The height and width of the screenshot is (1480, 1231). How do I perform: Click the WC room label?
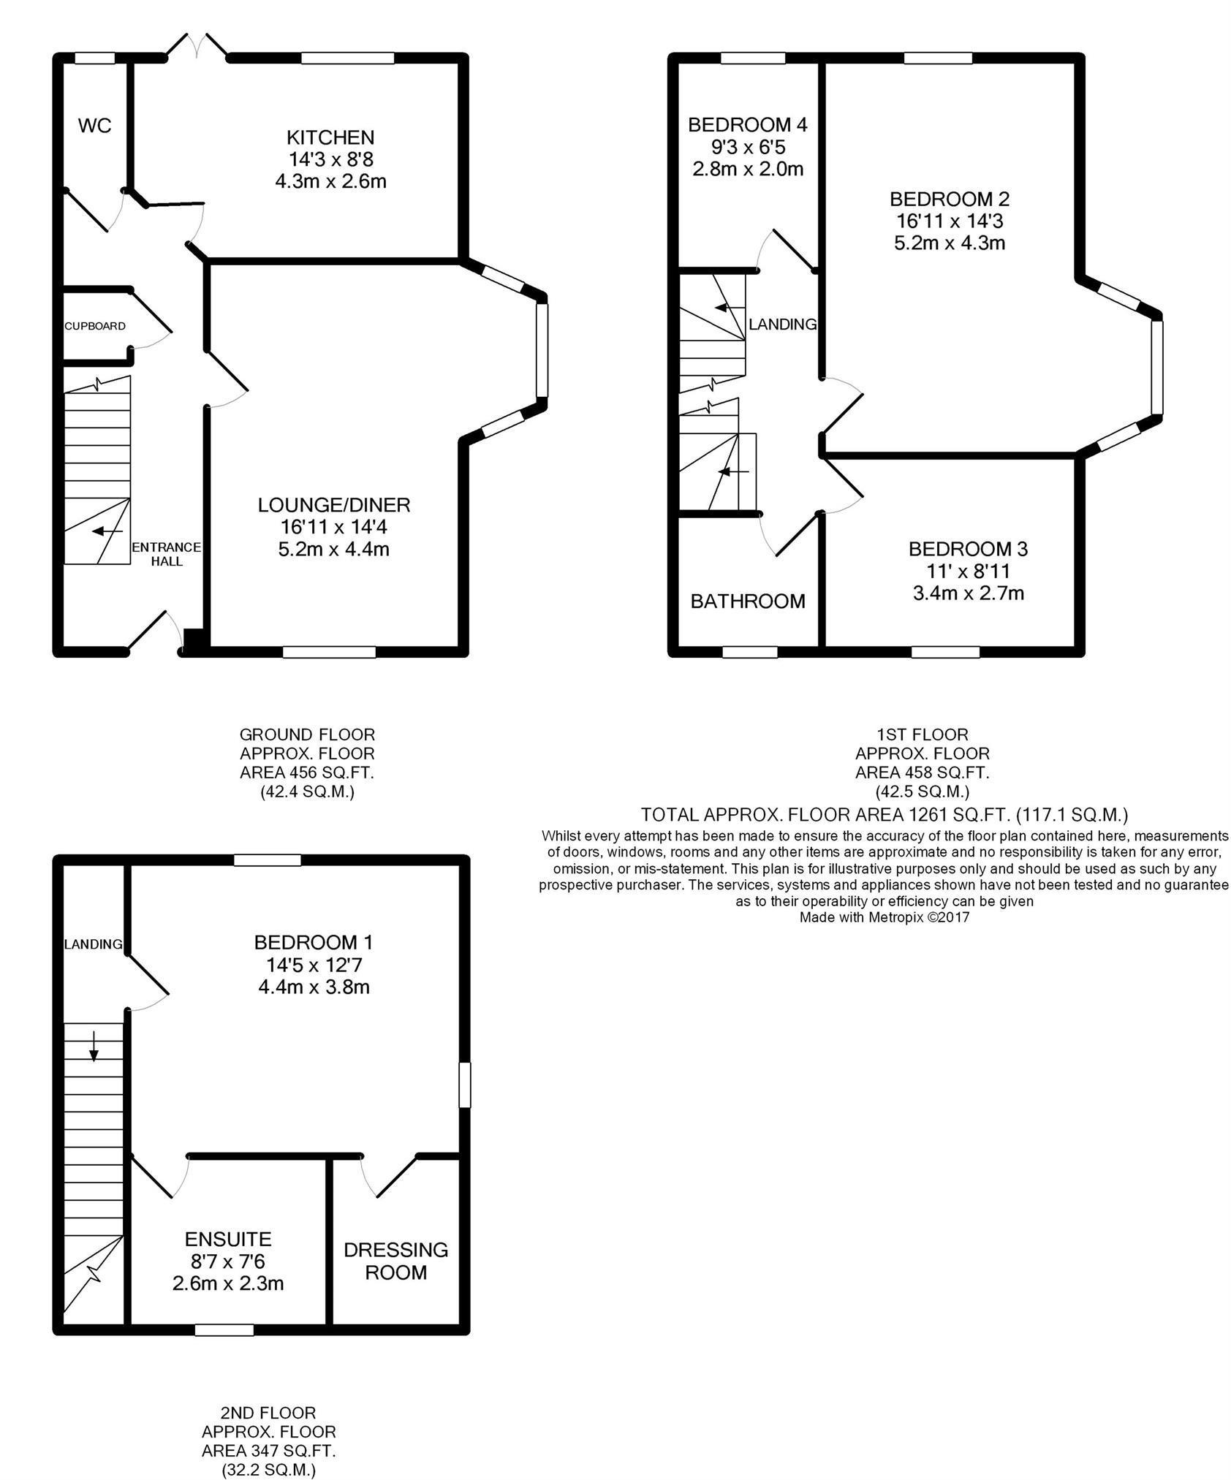tap(95, 126)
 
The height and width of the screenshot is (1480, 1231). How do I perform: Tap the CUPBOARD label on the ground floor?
tap(95, 326)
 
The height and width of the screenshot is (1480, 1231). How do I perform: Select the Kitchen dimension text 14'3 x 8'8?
tap(330, 159)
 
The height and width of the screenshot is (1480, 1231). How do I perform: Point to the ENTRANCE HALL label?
tap(166, 554)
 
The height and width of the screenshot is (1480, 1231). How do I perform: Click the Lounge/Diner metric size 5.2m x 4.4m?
tap(333, 549)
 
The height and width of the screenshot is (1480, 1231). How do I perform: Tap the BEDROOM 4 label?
tap(747, 125)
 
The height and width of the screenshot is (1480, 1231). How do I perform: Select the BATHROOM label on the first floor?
tap(747, 601)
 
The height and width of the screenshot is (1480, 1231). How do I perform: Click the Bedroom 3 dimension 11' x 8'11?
tap(968, 571)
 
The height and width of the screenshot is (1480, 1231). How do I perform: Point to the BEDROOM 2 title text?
tap(949, 199)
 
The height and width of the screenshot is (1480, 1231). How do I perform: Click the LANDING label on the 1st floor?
tap(782, 325)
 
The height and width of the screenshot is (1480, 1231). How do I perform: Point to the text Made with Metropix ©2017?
tap(884, 917)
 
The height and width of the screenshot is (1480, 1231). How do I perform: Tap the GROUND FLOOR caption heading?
tap(307, 734)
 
